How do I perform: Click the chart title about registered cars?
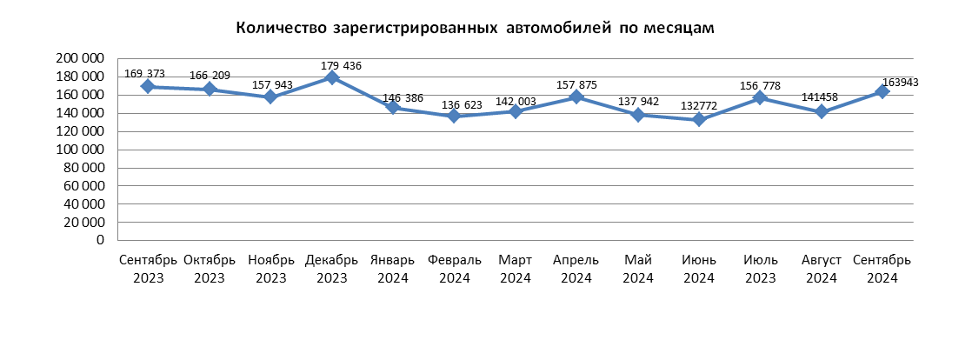pos(476,28)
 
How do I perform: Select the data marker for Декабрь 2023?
pos(331,77)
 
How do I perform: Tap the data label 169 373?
pos(144,74)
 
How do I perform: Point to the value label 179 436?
pos(341,65)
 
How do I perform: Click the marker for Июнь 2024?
pos(699,120)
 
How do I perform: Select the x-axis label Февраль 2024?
pos(455,269)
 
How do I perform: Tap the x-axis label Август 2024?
pos(822,269)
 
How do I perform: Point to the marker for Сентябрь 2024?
pos(882,91)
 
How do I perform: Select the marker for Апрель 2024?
pos(576,97)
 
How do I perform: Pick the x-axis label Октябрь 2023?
pos(210,269)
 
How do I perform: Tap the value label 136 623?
pos(462,104)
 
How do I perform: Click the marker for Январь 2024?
pos(392,107)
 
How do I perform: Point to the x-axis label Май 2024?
pos(638,269)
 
